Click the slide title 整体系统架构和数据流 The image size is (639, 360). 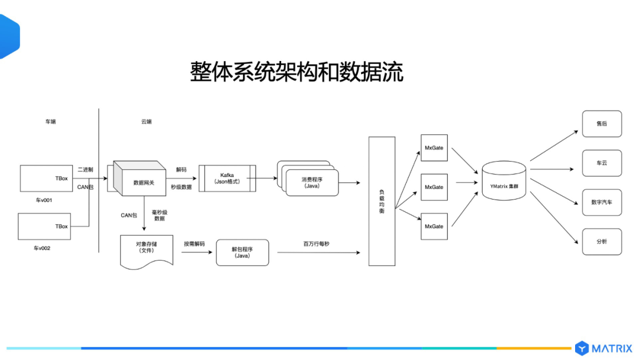click(296, 72)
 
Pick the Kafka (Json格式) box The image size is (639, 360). click(227, 178)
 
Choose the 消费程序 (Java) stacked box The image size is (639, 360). click(310, 181)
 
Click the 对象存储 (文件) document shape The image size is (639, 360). click(146, 249)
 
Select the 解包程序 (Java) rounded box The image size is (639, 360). click(242, 252)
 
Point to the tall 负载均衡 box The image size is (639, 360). click(382, 201)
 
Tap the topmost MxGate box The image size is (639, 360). click(434, 148)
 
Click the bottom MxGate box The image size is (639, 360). click(434, 226)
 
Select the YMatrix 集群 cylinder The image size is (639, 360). click(504, 186)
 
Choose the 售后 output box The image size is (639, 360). click(602, 124)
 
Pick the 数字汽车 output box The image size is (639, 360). click(602, 202)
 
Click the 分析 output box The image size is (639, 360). click(602, 242)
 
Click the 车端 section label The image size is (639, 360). click(51, 122)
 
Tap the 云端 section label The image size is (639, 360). click(146, 122)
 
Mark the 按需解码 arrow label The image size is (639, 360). click(194, 243)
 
